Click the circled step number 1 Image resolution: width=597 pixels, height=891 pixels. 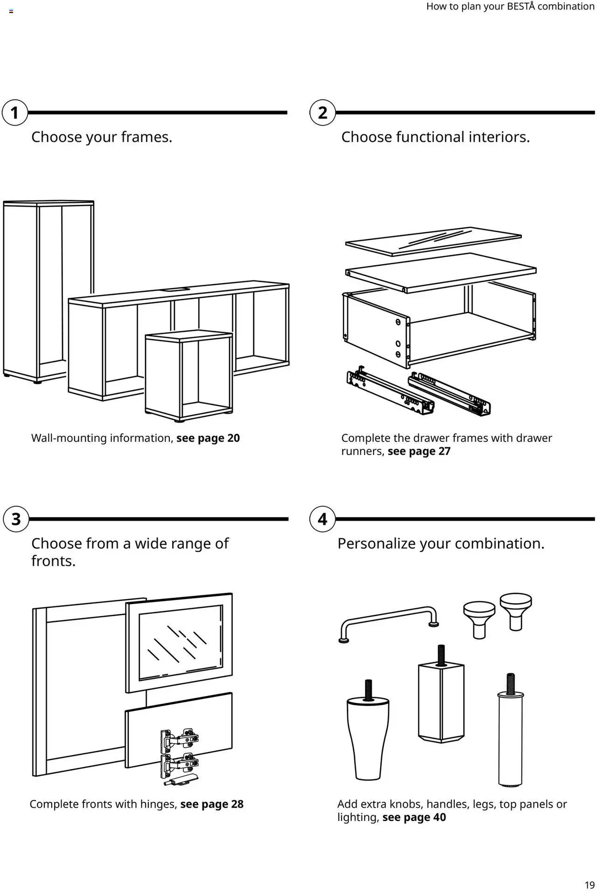point(14,113)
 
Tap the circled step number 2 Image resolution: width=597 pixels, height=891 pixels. point(322,113)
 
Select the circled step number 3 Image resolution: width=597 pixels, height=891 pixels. point(16,519)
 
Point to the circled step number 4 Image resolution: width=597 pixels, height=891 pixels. point(322,519)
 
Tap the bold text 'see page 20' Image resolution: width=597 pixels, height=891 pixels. point(208,438)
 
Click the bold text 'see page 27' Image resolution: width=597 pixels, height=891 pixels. point(419,451)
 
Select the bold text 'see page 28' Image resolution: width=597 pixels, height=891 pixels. point(212,804)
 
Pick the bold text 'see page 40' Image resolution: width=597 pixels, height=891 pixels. point(414,817)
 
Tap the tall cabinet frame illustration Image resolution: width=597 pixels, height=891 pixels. point(47,289)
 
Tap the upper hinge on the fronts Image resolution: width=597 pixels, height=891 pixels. point(179,739)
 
